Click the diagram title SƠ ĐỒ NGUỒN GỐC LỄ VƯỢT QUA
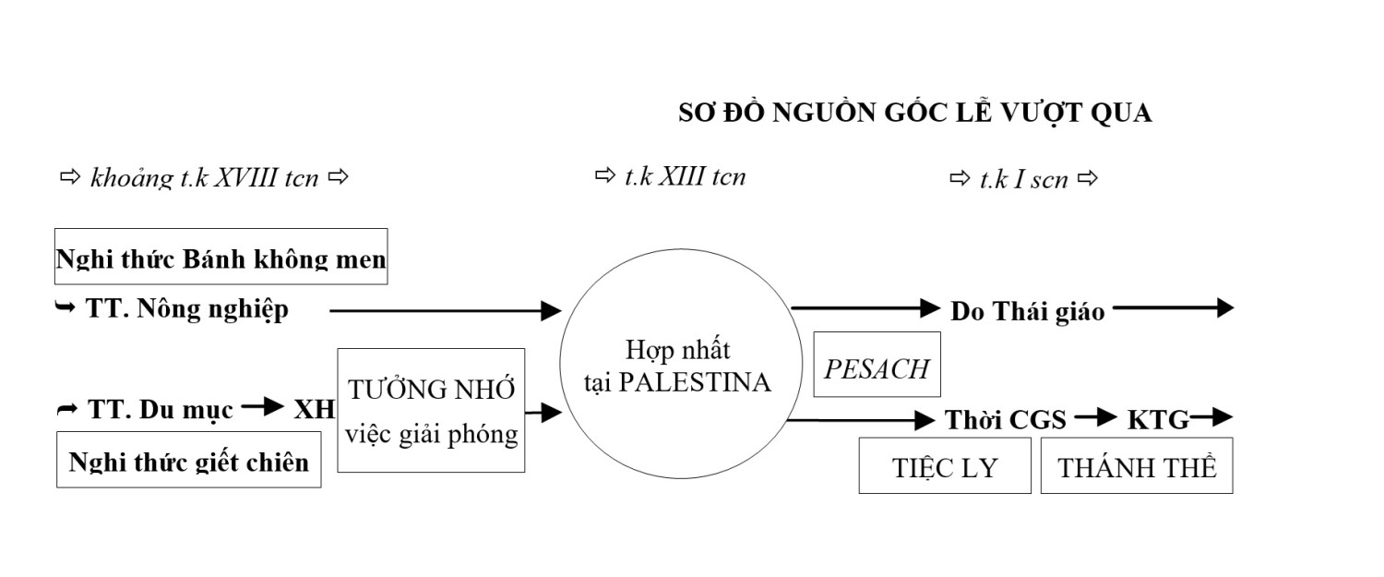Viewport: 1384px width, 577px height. point(914,114)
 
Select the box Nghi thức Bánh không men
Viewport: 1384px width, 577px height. point(221,257)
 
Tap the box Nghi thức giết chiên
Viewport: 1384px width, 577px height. point(189,461)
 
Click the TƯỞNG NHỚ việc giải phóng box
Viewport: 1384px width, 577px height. point(431,410)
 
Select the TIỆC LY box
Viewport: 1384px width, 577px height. point(945,467)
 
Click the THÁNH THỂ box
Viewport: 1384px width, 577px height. point(1137,467)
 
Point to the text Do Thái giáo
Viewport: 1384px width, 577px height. point(1028,312)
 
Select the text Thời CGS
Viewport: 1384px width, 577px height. point(1006,420)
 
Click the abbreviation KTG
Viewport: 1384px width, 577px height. point(1158,420)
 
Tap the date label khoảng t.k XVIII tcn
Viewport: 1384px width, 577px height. point(204,177)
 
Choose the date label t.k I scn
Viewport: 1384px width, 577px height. point(1023,178)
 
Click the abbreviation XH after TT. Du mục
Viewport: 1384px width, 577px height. point(314,410)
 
